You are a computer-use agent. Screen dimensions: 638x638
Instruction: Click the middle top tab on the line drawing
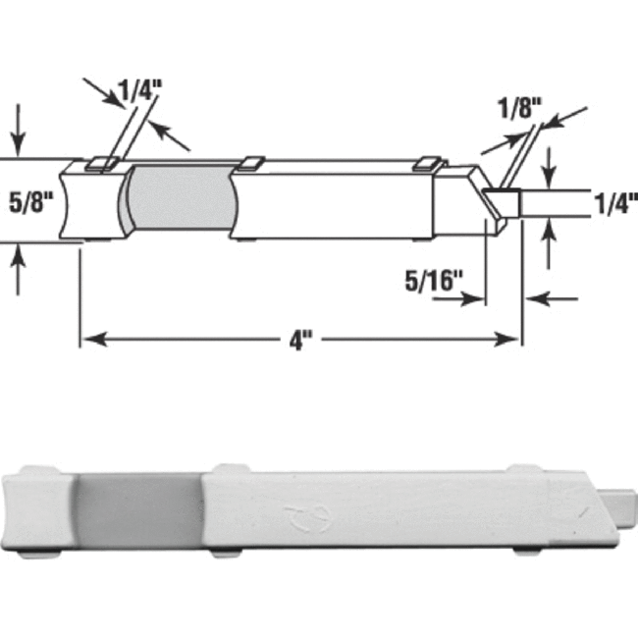click(251, 159)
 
